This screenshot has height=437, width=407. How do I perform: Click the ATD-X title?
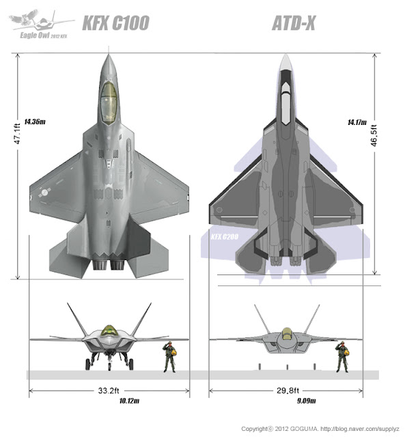click(294, 24)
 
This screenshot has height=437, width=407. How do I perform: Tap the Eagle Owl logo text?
click(40, 31)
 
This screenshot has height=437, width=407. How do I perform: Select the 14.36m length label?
click(34, 122)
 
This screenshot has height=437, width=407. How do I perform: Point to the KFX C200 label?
click(225, 240)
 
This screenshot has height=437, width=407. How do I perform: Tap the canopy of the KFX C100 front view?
click(108, 331)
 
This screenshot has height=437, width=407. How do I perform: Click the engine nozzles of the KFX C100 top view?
click(108, 263)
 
